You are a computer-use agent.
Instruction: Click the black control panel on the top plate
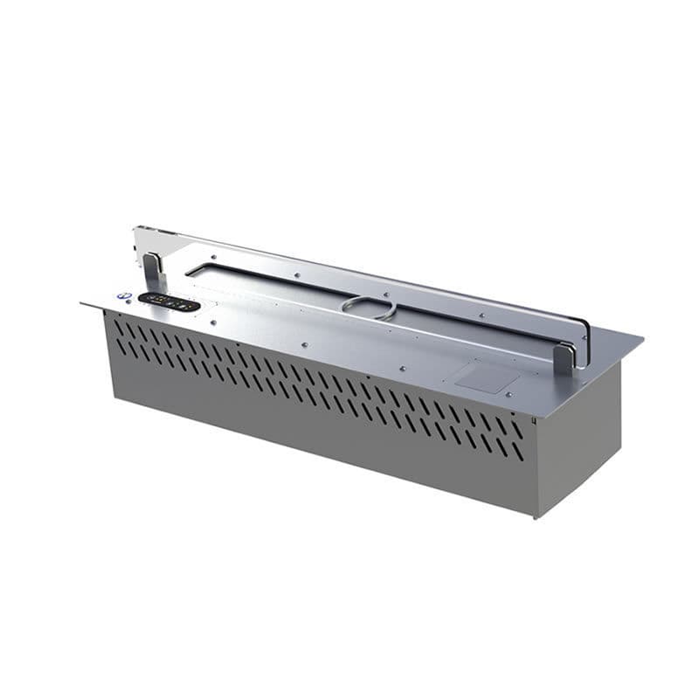[x=169, y=302]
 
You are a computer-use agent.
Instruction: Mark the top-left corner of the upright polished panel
[x=135, y=230]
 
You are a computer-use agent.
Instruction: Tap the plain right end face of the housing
[x=576, y=437]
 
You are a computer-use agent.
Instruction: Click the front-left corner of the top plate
[x=81, y=304]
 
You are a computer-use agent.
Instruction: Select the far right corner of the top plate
[x=642, y=336]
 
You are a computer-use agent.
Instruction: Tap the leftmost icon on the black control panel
[x=149, y=299]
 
